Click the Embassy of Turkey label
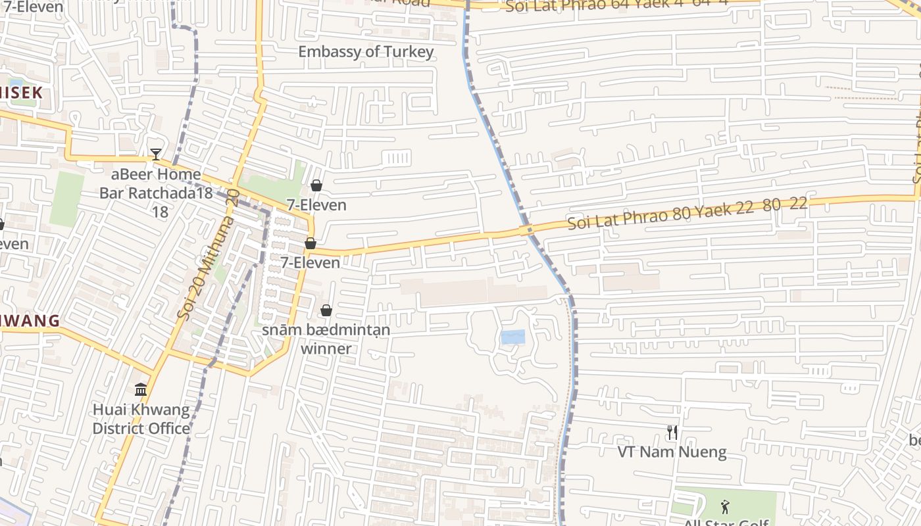pos(366,52)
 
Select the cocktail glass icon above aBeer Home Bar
pos(155,155)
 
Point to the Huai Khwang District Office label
pos(141,419)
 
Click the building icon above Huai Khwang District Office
pos(141,390)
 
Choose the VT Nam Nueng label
pos(672,452)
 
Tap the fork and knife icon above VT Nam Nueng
pos(672,432)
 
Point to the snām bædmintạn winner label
pos(326,339)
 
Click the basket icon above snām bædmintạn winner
pos(326,310)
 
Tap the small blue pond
pos(513,337)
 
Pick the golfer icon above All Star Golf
pos(725,506)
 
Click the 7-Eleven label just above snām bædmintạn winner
pos(311,262)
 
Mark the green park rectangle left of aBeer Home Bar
pos(67,199)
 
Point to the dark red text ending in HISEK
pos(21,93)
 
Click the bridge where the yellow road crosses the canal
pos(526,230)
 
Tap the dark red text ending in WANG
pos(30,322)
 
